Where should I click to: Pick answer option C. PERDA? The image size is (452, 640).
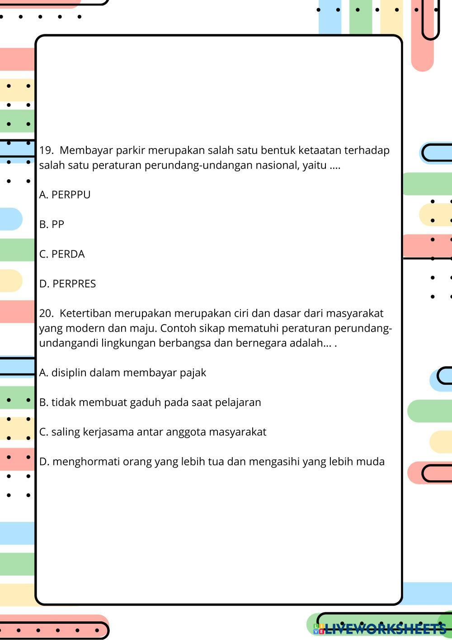point(62,254)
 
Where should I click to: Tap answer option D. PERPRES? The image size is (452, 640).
point(67,284)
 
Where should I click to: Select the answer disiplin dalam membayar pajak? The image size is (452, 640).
point(122,373)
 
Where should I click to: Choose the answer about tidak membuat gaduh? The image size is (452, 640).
point(150,402)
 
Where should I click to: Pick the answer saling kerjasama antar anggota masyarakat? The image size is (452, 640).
point(153,432)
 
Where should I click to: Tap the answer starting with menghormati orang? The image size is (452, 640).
point(212,462)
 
